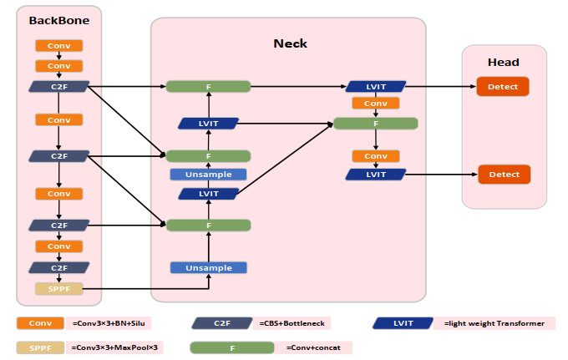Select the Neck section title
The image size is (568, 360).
pos(291,43)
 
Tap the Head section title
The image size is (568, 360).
pos(503,63)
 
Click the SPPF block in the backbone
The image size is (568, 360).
pos(58,289)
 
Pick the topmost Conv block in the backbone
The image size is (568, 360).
pos(58,46)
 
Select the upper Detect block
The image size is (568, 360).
pos(504,87)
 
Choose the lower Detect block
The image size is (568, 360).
pos(504,175)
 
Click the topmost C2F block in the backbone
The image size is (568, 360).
pos(58,86)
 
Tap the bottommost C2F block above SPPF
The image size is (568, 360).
pos(58,267)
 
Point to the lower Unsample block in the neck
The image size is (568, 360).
pos(208,267)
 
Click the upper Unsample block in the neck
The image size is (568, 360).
pos(208,175)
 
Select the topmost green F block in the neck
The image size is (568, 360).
pos(208,87)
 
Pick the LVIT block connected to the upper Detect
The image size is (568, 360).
pos(375,87)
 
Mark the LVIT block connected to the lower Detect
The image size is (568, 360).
pos(375,175)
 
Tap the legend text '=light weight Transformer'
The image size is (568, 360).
pos(494,323)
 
